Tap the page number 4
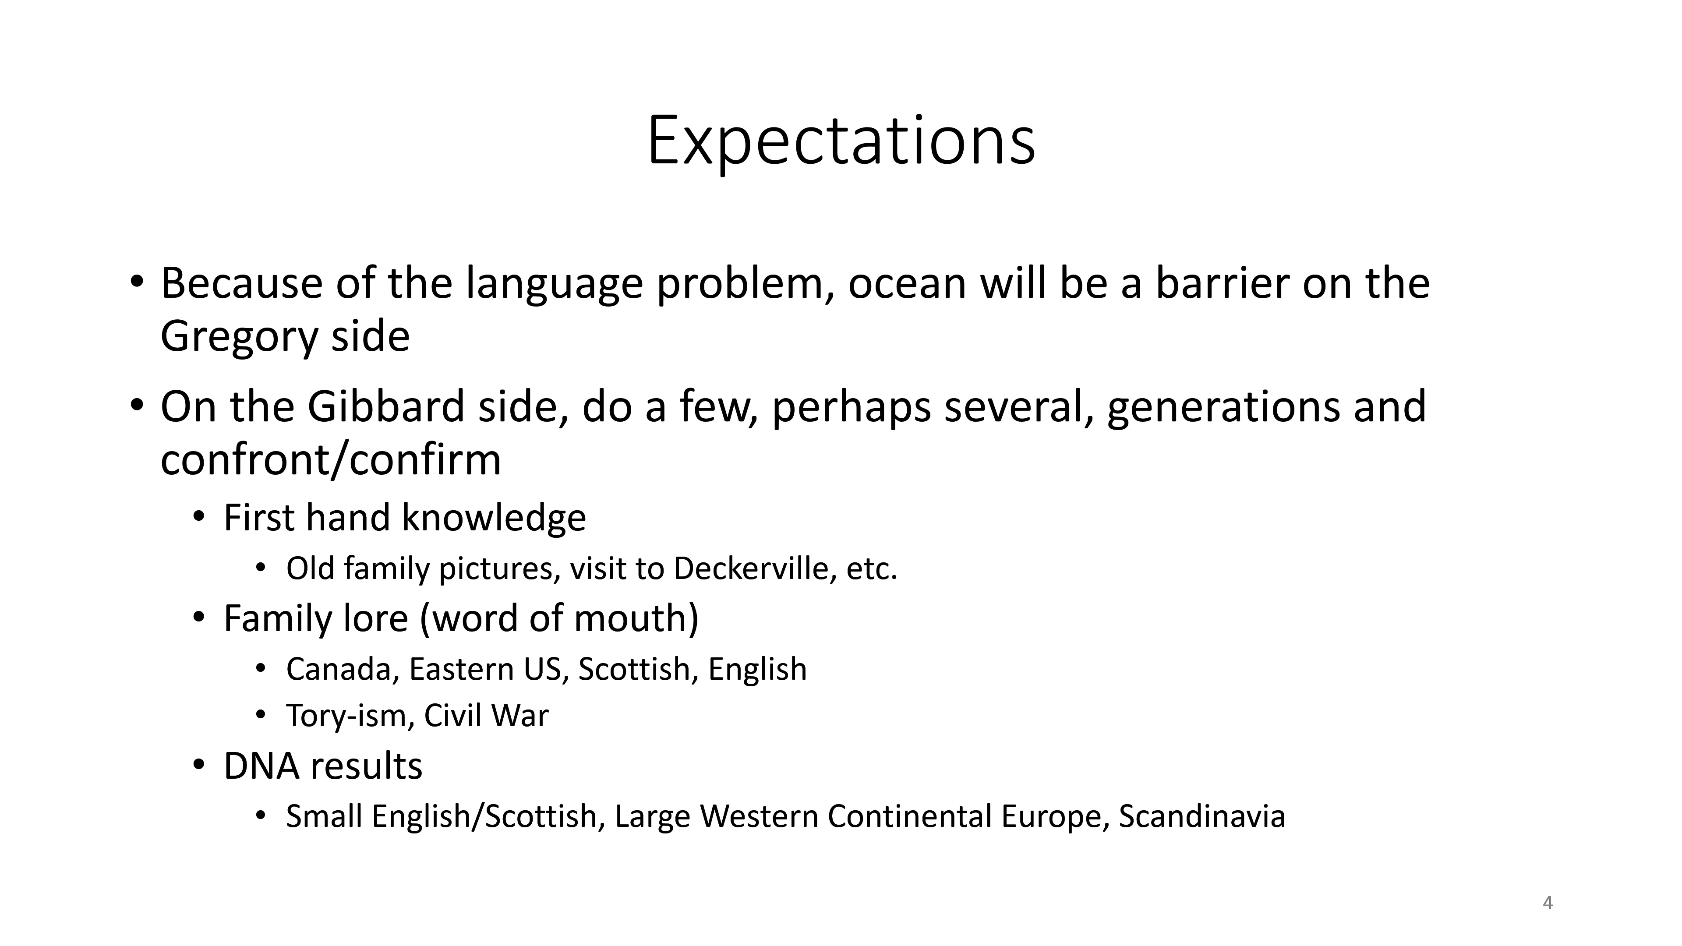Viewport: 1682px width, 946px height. [1548, 903]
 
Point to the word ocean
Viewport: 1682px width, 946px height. [906, 285]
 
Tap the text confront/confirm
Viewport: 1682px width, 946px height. [330, 459]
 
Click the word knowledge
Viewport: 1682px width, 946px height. [494, 519]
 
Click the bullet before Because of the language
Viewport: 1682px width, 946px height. [136, 282]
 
